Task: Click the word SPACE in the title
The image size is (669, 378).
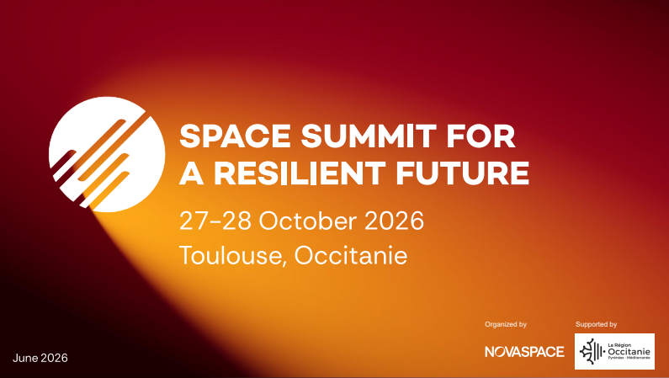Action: pyautogui.click(x=235, y=136)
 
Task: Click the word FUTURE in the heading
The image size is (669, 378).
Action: pyautogui.click(x=463, y=173)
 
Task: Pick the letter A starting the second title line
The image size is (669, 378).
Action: pyautogui.click(x=192, y=173)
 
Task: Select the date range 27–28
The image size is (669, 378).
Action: pyautogui.click(x=215, y=221)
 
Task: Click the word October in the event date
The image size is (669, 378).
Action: pyautogui.click(x=308, y=221)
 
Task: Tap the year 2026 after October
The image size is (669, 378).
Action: pyautogui.click(x=394, y=221)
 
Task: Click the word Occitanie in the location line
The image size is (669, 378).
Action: pyautogui.click(x=351, y=255)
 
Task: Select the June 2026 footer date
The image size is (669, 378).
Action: pyautogui.click(x=40, y=358)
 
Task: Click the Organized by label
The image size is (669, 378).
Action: pyautogui.click(x=506, y=324)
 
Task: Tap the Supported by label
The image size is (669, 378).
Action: pyautogui.click(x=596, y=324)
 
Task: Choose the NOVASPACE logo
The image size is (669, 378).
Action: pyautogui.click(x=524, y=352)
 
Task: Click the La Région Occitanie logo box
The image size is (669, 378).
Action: pyautogui.click(x=614, y=351)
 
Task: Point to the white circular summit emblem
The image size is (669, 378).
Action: pyautogui.click(x=107, y=154)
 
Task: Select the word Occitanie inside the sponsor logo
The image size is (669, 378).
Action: pyautogui.click(x=629, y=352)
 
